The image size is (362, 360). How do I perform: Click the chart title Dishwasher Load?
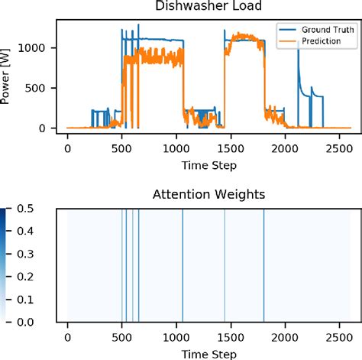[208, 8]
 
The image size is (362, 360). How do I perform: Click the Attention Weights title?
[208, 195]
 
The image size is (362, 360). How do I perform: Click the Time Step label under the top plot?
[208, 164]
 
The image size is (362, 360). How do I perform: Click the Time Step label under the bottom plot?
[208, 352]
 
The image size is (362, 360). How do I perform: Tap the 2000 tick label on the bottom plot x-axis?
[286, 336]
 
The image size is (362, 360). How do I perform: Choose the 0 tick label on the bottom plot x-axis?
[67, 336]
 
